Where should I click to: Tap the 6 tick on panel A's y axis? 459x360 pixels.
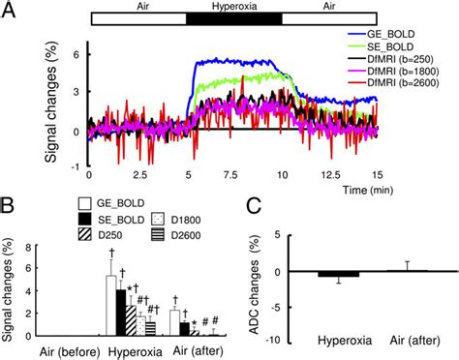(x=75, y=55)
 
